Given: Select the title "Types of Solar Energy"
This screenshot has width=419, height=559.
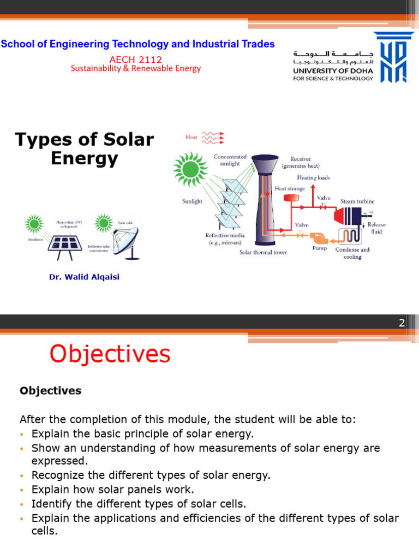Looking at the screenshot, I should (85, 149).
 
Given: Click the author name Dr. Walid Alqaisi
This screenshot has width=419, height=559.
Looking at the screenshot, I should (84, 277).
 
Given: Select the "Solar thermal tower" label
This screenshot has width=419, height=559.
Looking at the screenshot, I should (263, 252).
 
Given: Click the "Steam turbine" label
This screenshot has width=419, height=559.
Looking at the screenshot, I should (357, 201).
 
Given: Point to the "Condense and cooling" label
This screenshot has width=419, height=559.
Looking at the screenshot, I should (352, 253).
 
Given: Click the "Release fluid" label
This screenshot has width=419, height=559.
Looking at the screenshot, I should (376, 228).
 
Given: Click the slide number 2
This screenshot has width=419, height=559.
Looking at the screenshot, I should (401, 323).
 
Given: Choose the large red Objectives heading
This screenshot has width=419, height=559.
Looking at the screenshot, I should (110, 354).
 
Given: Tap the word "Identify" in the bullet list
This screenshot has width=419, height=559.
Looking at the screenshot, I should (49, 503).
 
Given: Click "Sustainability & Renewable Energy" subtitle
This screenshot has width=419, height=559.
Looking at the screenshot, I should (136, 69).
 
